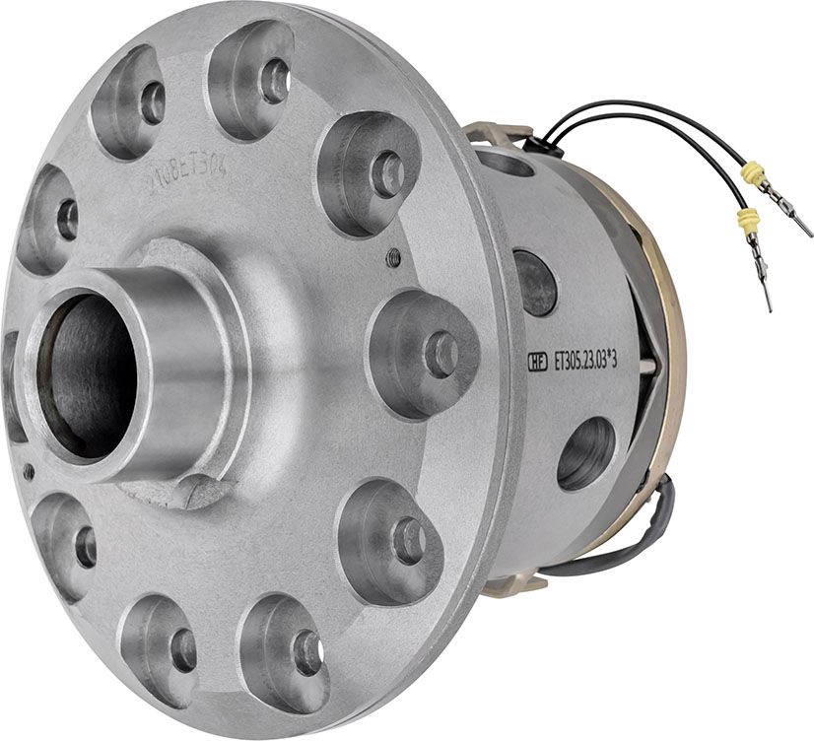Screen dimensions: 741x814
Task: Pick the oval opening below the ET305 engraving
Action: (586, 453)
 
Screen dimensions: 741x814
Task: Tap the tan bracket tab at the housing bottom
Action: (512, 583)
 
